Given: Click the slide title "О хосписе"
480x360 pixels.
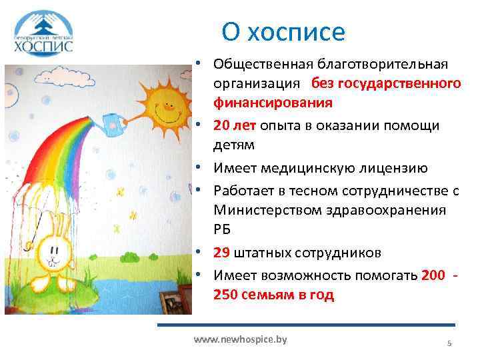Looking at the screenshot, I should click(284, 31).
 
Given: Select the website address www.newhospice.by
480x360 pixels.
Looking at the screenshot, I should click(240, 339).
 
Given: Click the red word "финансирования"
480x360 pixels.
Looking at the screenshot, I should click(273, 103).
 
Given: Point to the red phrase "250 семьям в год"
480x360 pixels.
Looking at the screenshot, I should click(273, 295).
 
